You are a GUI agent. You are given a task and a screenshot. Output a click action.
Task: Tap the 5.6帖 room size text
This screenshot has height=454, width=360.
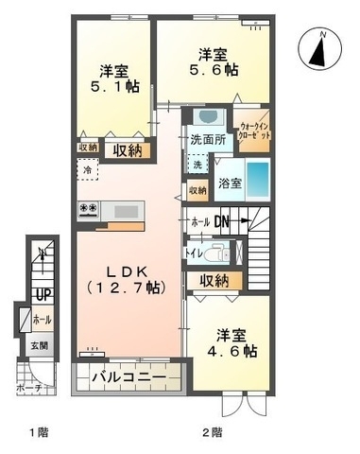(213, 73)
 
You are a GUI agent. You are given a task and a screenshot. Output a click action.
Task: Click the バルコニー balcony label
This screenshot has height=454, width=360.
(129, 379)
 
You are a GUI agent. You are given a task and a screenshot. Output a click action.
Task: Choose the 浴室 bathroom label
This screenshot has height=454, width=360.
(229, 182)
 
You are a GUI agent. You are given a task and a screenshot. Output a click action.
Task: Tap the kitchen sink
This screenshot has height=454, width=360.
(124, 210)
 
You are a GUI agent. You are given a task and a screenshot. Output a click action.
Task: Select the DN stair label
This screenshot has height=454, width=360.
(224, 222)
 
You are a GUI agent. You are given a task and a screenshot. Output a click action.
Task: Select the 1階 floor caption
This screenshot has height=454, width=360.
(38, 433)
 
